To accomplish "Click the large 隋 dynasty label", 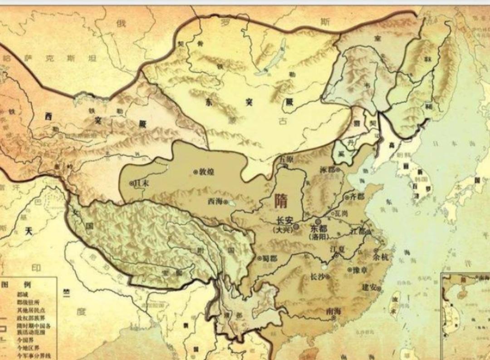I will tap(281, 200).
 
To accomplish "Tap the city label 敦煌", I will tap(206, 172).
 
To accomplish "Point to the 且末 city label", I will tap(140, 183).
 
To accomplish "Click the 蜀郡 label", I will tap(269, 258).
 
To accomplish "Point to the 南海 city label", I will tap(333, 311).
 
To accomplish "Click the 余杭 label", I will tap(381, 256).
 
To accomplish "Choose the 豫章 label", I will tap(359, 270).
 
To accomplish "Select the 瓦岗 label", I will tap(341, 212).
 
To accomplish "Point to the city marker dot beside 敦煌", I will tap(196, 172).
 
